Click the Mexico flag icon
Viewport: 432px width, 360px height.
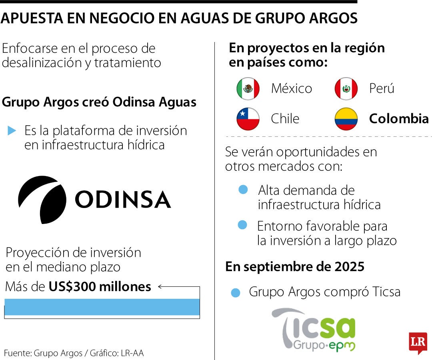click(248, 88)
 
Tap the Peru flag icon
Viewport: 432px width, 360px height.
click(346, 88)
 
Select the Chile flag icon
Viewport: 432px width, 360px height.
click(248, 119)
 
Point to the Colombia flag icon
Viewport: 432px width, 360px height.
click(346, 119)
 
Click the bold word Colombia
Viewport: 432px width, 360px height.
click(398, 119)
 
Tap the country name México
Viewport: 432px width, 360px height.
click(291, 88)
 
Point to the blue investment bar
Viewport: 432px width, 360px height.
click(102, 307)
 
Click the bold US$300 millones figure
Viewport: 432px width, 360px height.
click(100, 286)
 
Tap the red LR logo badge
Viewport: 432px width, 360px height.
click(418, 342)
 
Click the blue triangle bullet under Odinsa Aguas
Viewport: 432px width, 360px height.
click(12, 130)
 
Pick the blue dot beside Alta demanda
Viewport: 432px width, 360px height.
click(243, 189)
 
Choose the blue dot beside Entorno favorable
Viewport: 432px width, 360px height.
click(242, 225)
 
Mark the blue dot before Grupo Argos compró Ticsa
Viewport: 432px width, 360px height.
click(236, 293)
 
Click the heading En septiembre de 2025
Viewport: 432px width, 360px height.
click(295, 266)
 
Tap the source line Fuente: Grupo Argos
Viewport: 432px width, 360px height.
click(74, 353)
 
